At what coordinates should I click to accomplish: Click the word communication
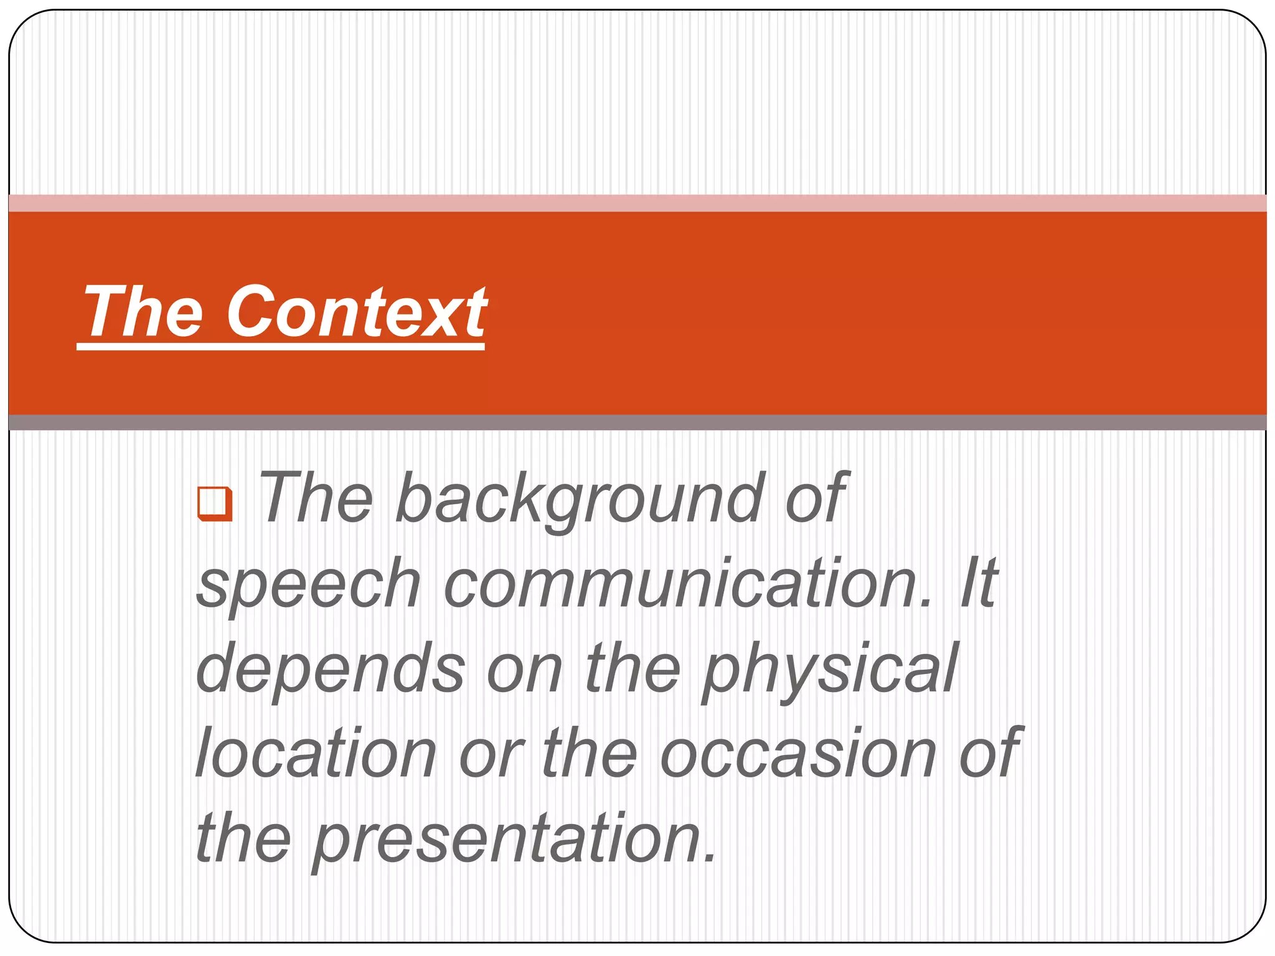[x=688, y=584]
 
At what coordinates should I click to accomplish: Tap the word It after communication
[x=978, y=584]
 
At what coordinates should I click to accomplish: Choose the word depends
[x=331, y=669]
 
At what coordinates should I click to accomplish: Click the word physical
[x=830, y=669]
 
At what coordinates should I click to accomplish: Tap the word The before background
[x=316, y=498]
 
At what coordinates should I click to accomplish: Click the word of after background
[x=816, y=498]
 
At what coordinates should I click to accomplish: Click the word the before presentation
[x=243, y=839]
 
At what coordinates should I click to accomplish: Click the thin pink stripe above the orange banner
[x=637, y=203]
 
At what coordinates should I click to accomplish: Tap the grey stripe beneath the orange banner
[x=637, y=422]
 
